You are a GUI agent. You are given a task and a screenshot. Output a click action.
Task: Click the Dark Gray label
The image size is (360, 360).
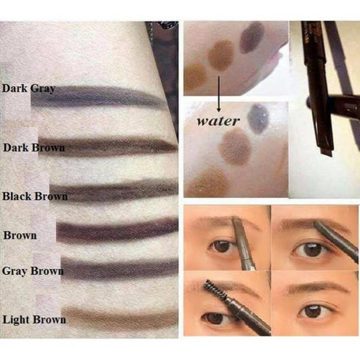28,89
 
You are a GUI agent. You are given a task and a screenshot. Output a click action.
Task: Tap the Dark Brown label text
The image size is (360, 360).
34,148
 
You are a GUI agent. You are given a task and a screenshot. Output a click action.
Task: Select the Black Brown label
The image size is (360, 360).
35,197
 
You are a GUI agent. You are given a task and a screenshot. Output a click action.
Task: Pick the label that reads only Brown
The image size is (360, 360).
20,236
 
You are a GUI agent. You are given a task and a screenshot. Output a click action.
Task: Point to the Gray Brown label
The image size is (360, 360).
33,272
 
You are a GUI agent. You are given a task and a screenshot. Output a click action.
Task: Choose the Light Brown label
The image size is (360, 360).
34,320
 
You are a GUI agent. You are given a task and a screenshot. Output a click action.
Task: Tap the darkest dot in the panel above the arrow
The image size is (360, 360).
252,37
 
